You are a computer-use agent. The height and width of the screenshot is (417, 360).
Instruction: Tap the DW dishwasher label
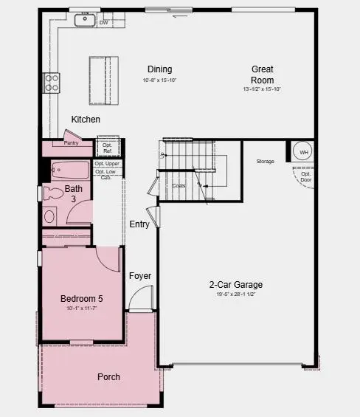click(x=103, y=23)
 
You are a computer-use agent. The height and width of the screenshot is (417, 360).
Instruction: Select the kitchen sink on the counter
click(x=84, y=20)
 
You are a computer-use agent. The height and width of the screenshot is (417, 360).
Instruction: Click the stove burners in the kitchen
click(x=52, y=83)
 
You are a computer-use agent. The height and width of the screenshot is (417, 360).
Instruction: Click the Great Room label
click(x=262, y=75)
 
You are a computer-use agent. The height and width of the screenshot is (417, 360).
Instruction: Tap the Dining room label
click(x=159, y=69)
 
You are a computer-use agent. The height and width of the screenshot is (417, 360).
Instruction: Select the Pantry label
click(x=72, y=142)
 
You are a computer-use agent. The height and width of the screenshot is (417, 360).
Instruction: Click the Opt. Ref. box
click(x=108, y=146)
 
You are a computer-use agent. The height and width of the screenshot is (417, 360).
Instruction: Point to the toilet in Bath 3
click(x=53, y=194)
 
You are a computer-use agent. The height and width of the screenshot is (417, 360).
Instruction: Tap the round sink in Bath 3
click(x=49, y=216)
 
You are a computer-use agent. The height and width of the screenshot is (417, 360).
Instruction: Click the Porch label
click(x=109, y=376)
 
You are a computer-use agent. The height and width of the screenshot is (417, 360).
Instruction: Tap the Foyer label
click(x=140, y=276)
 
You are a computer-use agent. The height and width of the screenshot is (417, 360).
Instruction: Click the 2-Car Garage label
click(x=235, y=284)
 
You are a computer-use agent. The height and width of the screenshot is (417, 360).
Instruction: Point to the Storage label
click(x=266, y=161)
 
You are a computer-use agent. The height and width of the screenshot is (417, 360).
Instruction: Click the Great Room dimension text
click(x=262, y=89)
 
